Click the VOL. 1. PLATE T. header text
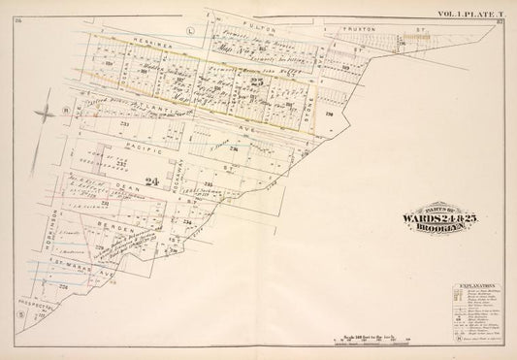pos(474,13)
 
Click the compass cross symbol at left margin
pos(45,115)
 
